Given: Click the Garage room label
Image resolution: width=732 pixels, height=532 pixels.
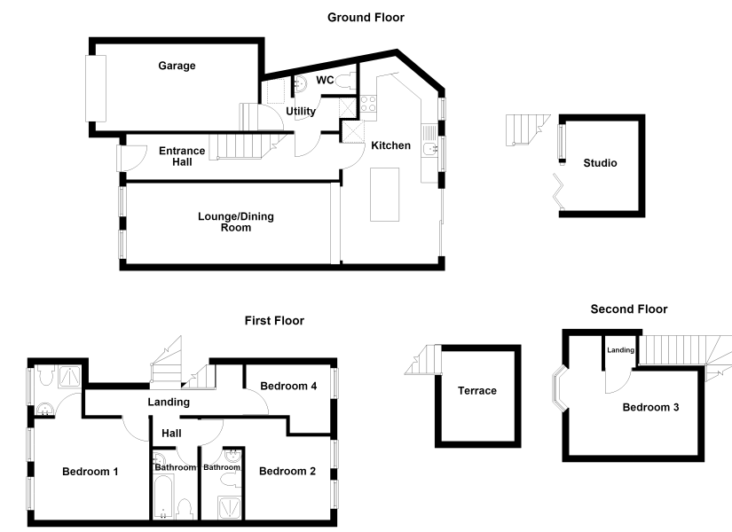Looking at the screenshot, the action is [177, 66].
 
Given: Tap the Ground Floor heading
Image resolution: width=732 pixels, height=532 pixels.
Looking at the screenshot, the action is [366, 17].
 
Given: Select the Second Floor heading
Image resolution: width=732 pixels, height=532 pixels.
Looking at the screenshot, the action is [629, 309].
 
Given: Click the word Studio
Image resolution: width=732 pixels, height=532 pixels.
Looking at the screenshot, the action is [600, 163].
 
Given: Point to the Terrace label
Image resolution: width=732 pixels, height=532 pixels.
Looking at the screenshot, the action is [477, 391].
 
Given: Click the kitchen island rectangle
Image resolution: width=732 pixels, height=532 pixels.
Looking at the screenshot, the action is [385, 194].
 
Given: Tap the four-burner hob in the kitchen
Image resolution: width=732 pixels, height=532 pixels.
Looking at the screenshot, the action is [368, 104].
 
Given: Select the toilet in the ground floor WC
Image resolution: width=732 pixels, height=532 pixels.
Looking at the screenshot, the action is [344, 81].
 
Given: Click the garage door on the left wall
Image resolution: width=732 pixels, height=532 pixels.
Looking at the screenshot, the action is [96, 89].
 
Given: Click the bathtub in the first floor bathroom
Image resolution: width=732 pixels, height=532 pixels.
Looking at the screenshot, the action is [164, 497].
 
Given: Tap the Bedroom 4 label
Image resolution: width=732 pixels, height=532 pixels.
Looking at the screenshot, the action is [288, 386].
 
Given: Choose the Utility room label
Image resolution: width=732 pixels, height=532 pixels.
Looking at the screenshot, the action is [301, 111].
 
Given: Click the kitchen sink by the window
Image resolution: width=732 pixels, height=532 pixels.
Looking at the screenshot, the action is [429, 149].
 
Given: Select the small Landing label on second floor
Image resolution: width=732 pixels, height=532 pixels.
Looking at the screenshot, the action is [620, 350].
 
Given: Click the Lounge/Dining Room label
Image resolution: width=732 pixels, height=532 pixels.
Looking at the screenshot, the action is [236, 222].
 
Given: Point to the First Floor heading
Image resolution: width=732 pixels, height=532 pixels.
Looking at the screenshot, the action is [274, 321].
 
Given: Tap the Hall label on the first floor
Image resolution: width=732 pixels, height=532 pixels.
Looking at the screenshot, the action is [171, 433].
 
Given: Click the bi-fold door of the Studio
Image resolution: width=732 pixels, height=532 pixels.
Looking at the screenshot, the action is [558, 192].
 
